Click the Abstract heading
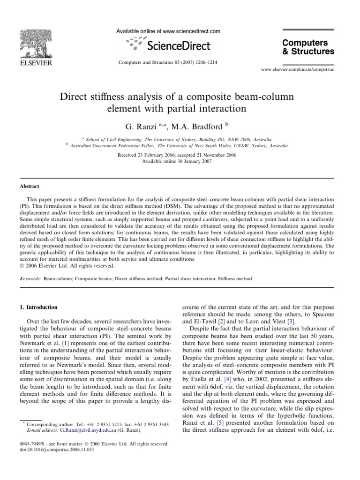click(30, 186)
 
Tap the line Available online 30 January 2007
click(180, 161)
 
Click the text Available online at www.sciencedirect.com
click(168, 31)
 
